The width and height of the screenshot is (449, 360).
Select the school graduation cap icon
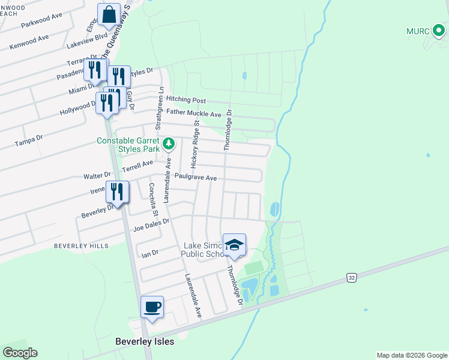coord(234,245)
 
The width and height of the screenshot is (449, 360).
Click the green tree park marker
coord(169,143)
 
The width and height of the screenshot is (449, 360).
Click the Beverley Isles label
coord(145,341)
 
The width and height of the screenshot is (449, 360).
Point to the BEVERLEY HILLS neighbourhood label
coord(81,246)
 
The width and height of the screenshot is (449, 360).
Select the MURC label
coord(419,31)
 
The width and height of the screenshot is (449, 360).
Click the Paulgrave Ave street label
coord(196,178)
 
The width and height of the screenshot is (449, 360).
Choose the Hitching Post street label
coord(186,100)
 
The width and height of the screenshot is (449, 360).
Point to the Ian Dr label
coord(149,254)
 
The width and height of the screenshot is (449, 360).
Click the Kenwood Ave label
coord(29,42)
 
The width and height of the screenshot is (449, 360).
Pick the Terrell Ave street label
coord(139,166)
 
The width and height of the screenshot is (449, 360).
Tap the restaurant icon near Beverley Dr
coord(117,193)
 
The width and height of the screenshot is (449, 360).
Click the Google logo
coord(20,353)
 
